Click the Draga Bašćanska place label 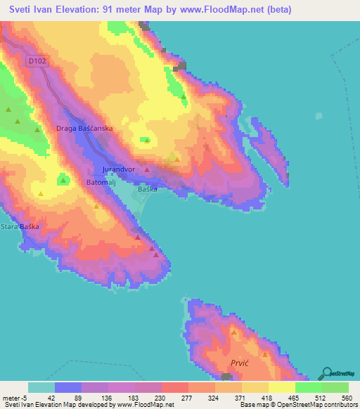coord(84,129)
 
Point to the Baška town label coord(147,189)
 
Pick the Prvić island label coord(240,363)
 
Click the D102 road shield coord(37,62)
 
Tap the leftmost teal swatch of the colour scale coord(41,387)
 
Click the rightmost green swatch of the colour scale coord(335,387)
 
